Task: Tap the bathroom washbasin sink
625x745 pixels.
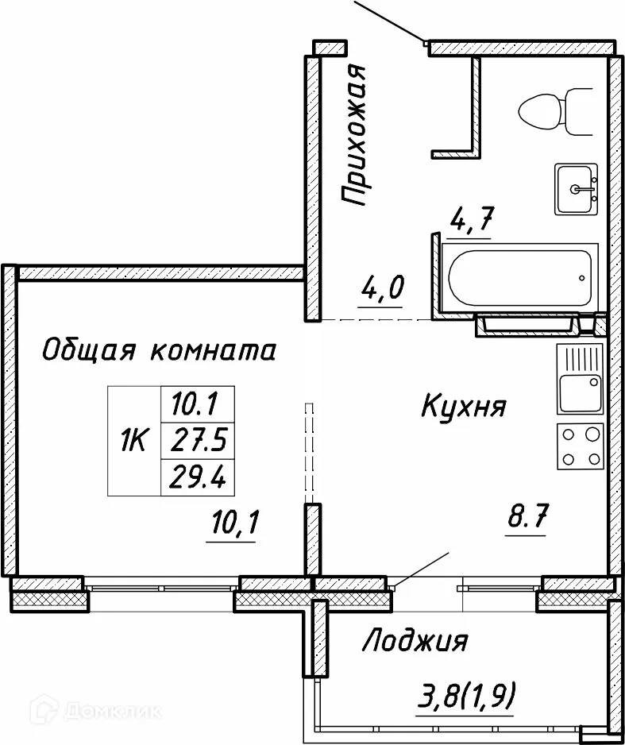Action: coord(576,189)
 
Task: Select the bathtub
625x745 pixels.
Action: coord(520,279)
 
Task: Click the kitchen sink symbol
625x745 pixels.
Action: coord(580,380)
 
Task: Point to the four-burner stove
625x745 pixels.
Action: coord(579,446)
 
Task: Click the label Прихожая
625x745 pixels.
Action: coord(353,137)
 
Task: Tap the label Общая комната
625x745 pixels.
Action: coord(158,349)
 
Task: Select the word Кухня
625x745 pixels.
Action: coord(462,407)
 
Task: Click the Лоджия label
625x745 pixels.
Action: coord(415,640)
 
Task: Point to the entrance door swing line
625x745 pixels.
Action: coord(389,20)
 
